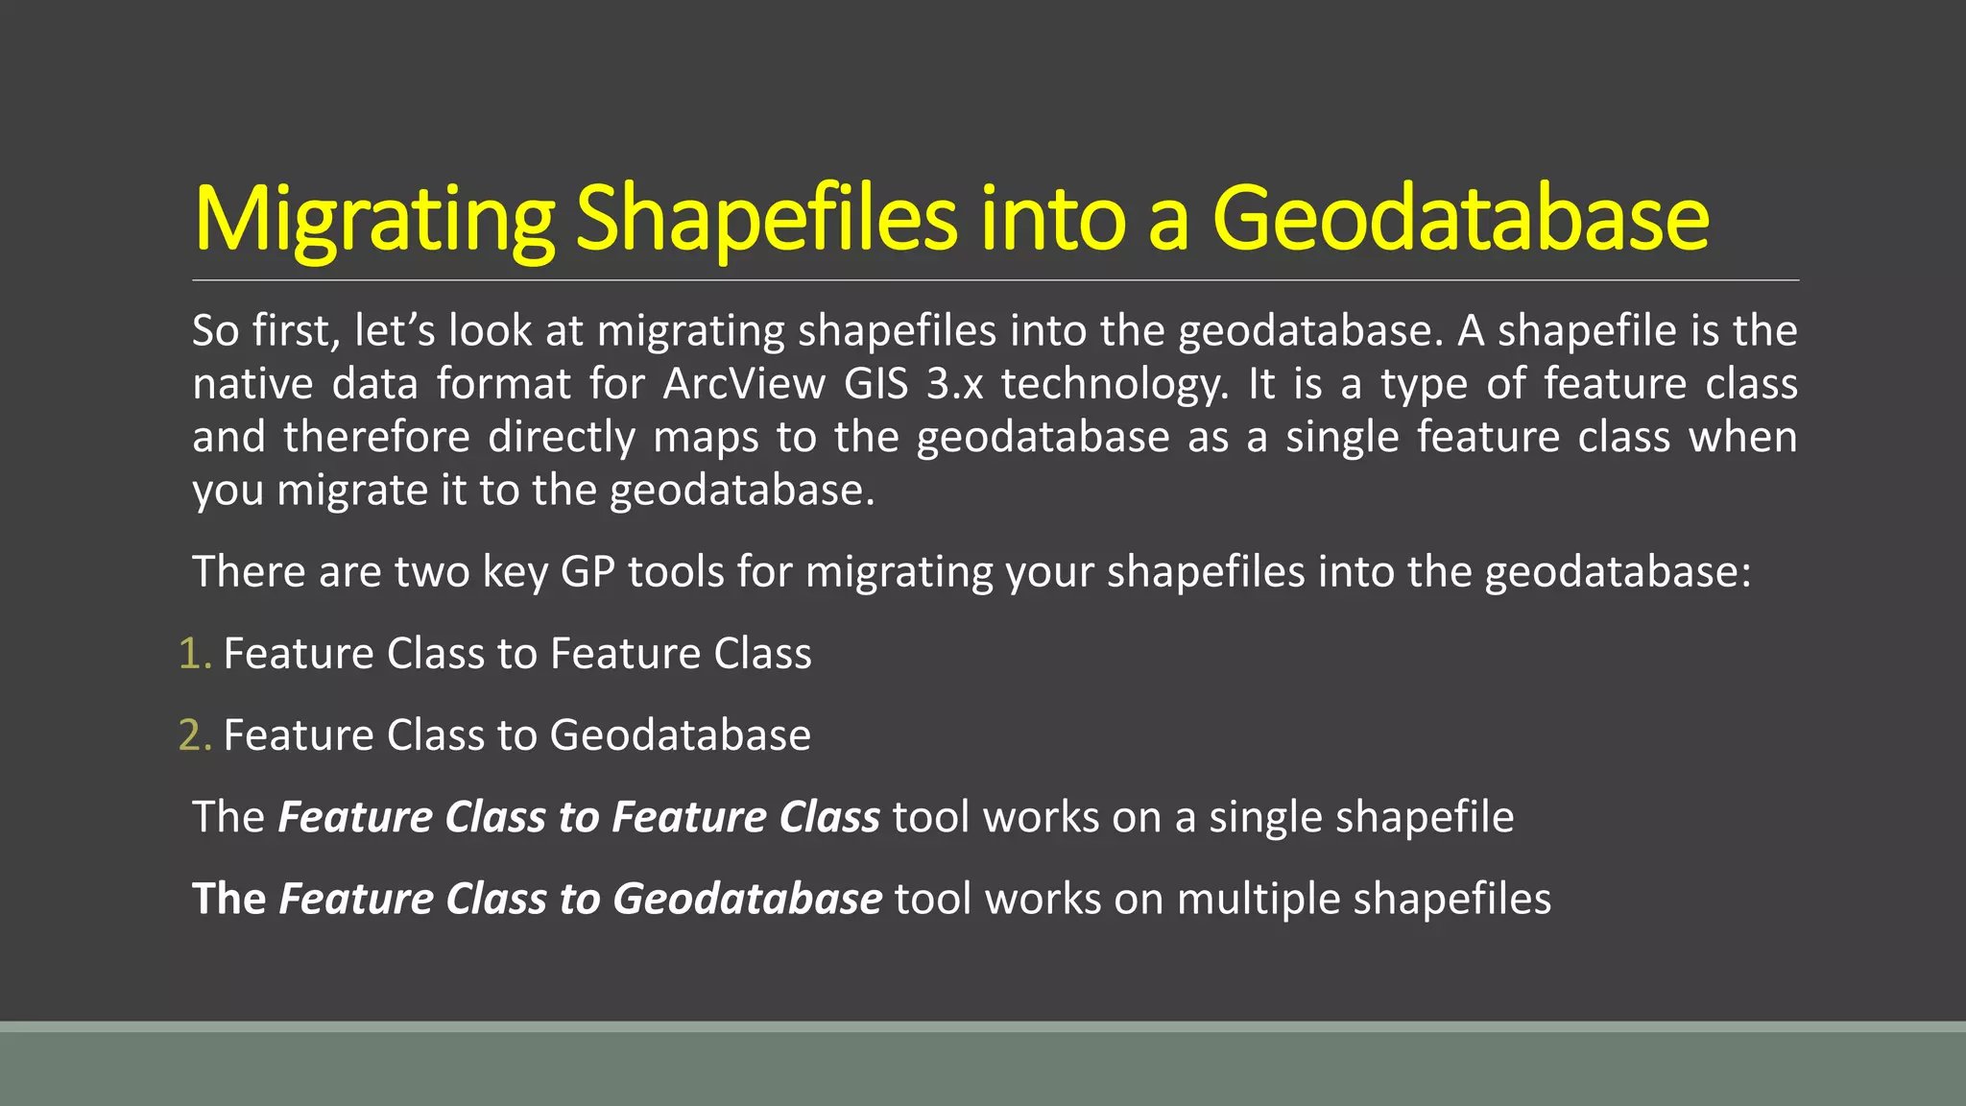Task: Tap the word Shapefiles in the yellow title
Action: click(x=766, y=219)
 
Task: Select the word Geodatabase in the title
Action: click(x=1460, y=219)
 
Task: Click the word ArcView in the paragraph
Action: click(x=744, y=384)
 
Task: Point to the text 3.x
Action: click(x=955, y=384)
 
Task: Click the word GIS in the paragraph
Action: click(x=875, y=384)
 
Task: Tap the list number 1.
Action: click(x=193, y=654)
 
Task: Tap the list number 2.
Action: click(x=193, y=735)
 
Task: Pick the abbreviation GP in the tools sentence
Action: click(x=587, y=572)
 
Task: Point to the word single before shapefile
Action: click(x=1264, y=818)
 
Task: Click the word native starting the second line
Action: click(x=252, y=384)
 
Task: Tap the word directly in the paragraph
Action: click(x=562, y=438)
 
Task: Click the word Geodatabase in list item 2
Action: click(x=680, y=735)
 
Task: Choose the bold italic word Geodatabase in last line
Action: click(x=747, y=900)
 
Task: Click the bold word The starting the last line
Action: click(x=228, y=900)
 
